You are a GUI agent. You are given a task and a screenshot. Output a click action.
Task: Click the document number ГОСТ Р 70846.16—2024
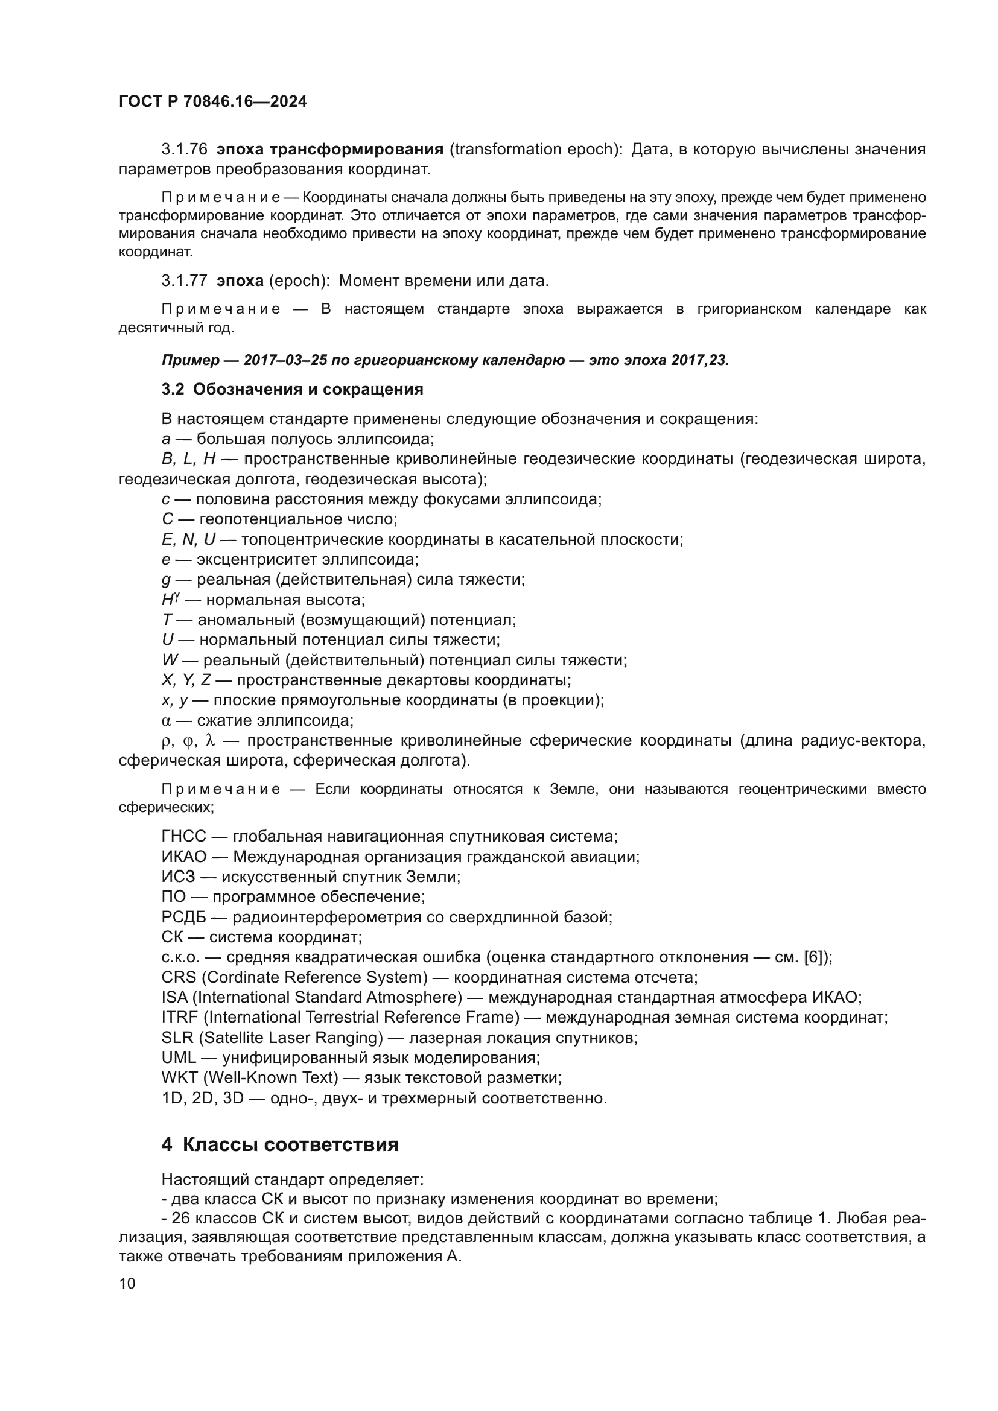point(212,102)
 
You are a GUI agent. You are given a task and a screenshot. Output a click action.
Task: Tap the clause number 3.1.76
point(185,150)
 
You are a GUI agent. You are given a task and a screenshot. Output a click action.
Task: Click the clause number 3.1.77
point(185,281)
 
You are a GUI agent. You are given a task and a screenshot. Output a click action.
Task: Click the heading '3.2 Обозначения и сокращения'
point(293,389)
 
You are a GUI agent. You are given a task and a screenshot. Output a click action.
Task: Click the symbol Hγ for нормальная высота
point(170,599)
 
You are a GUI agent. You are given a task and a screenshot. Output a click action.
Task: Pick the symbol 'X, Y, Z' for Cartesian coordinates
point(186,680)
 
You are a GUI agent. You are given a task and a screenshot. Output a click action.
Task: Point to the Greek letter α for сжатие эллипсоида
point(165,720)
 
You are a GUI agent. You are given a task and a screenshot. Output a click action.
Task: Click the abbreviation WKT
point(178,1077)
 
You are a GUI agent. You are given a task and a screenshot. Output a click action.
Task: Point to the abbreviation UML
point(177,1057)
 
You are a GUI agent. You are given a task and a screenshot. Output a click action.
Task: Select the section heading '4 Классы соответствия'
point(279,1145)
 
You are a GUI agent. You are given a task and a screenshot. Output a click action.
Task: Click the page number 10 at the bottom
point(127,1284)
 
